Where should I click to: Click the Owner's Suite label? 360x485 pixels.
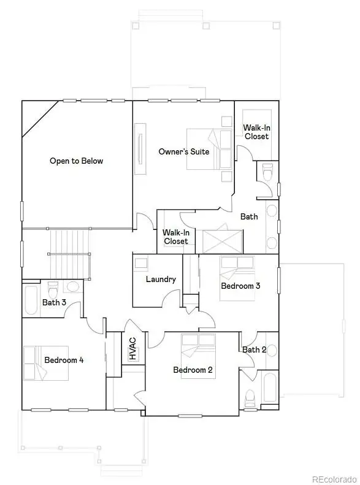tap(184, 151)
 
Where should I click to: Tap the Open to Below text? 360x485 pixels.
tap(77, 161)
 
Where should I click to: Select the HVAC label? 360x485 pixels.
tap(132, 349)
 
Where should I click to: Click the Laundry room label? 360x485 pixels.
tap(161, 280)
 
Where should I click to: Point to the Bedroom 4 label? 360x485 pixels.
tap(64, 360)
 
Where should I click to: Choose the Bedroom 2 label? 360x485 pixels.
tap(193, 370)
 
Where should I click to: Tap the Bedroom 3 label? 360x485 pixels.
tap(240, 286)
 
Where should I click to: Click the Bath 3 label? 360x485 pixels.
tap(54, 302)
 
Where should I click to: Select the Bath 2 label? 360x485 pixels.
tap(255, 350)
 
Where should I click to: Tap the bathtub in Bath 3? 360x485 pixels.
tap(31, 300)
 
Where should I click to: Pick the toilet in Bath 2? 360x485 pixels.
tap(249, 398)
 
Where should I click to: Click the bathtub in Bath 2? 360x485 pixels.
tap(269, 388)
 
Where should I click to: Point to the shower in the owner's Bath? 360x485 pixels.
tap(223, 241)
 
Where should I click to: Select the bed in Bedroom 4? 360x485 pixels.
tap(47, 363)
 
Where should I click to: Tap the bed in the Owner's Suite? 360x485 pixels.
tap(209, 149)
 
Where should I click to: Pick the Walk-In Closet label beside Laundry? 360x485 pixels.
tap(176, 237)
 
